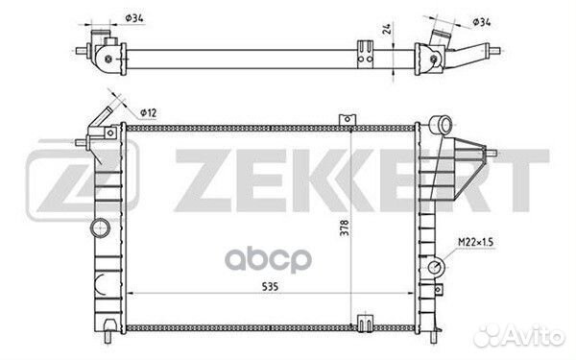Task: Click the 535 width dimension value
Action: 270,286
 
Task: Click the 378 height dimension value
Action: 345,228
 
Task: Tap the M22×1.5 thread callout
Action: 476,242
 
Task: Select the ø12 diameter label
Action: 149,112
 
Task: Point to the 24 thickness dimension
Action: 387,29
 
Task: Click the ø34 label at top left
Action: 134,17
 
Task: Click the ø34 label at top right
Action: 482,22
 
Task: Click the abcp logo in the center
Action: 268,260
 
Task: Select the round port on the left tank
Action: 100,228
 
